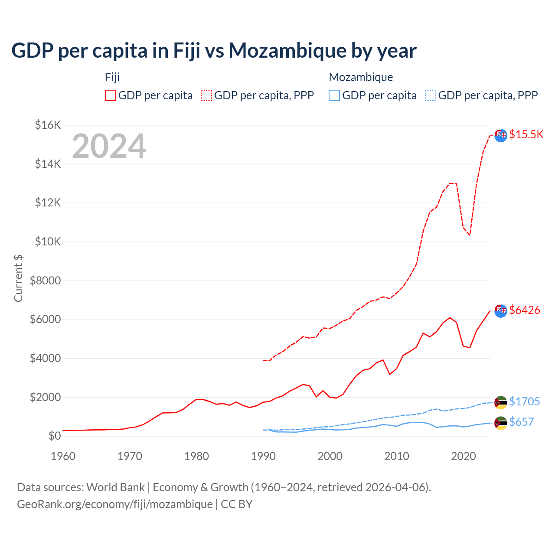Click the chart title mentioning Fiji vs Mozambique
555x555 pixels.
click(x=214, y=51)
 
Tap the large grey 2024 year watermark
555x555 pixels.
click(x=109, y=147)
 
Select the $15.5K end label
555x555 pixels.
click(x=526, y=134)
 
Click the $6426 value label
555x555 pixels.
click(x=524, y=310)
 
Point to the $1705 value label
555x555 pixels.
click(x=524, y=402)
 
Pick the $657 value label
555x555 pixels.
click(x=521, y=422)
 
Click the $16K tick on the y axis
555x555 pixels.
click(x=48, y=125)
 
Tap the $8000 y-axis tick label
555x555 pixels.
click(x=45, y=281)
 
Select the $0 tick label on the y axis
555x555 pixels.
click(x=54, y=436)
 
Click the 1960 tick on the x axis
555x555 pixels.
click(x=63, y=456)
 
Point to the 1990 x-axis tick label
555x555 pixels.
click(x=263, y=456)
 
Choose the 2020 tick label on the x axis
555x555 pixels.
click(x=464, y=456)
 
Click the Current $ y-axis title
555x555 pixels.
click(x=18, y=278)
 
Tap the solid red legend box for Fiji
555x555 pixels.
click(x=111, y=95)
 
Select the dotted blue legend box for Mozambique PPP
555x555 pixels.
click(x=431, y=95)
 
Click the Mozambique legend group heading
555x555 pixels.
click(x=361, y=77)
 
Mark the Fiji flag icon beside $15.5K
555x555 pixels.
click(x=501, y=135)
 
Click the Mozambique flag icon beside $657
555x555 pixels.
click(x=501, y=423)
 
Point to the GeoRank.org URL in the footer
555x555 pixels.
click(x=115, y=504)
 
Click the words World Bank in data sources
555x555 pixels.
click(x=115, y=487)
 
